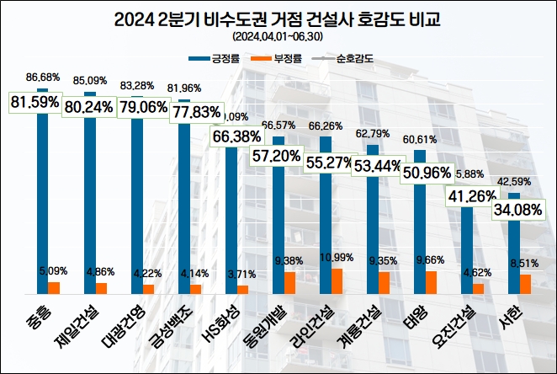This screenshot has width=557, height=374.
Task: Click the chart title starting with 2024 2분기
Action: pos(278,19)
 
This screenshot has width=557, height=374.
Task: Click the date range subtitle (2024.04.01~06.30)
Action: pos(278,37)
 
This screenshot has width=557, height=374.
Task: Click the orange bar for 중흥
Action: pos(54,288)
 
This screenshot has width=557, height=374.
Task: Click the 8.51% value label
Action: pos(525,263)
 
